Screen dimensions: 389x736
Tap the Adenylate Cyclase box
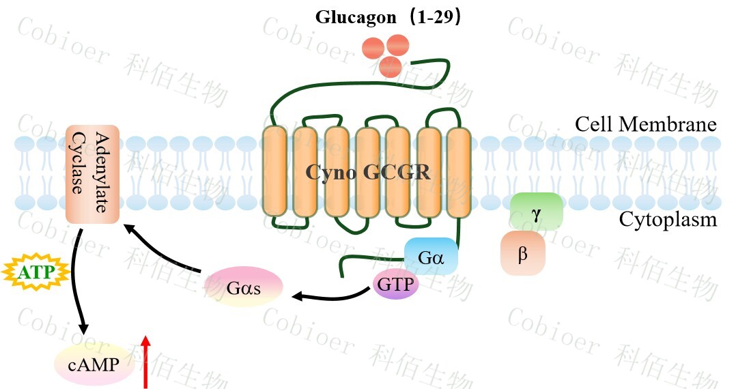coord(92,173)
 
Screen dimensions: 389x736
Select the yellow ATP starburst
coord(36,274)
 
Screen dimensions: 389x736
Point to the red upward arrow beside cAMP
coord(145,361)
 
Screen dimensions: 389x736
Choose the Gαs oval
coord(244,287)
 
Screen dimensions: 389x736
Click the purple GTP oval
coord(395,284)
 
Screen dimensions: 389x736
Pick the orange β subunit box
coord(523,253)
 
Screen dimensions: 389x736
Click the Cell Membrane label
coord(645,125)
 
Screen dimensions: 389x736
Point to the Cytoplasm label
coord(668,220)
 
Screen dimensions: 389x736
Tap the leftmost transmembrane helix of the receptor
coord(274,173)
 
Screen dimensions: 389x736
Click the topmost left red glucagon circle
coord(373,48)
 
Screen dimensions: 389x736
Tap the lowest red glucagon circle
coord(390,66)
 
